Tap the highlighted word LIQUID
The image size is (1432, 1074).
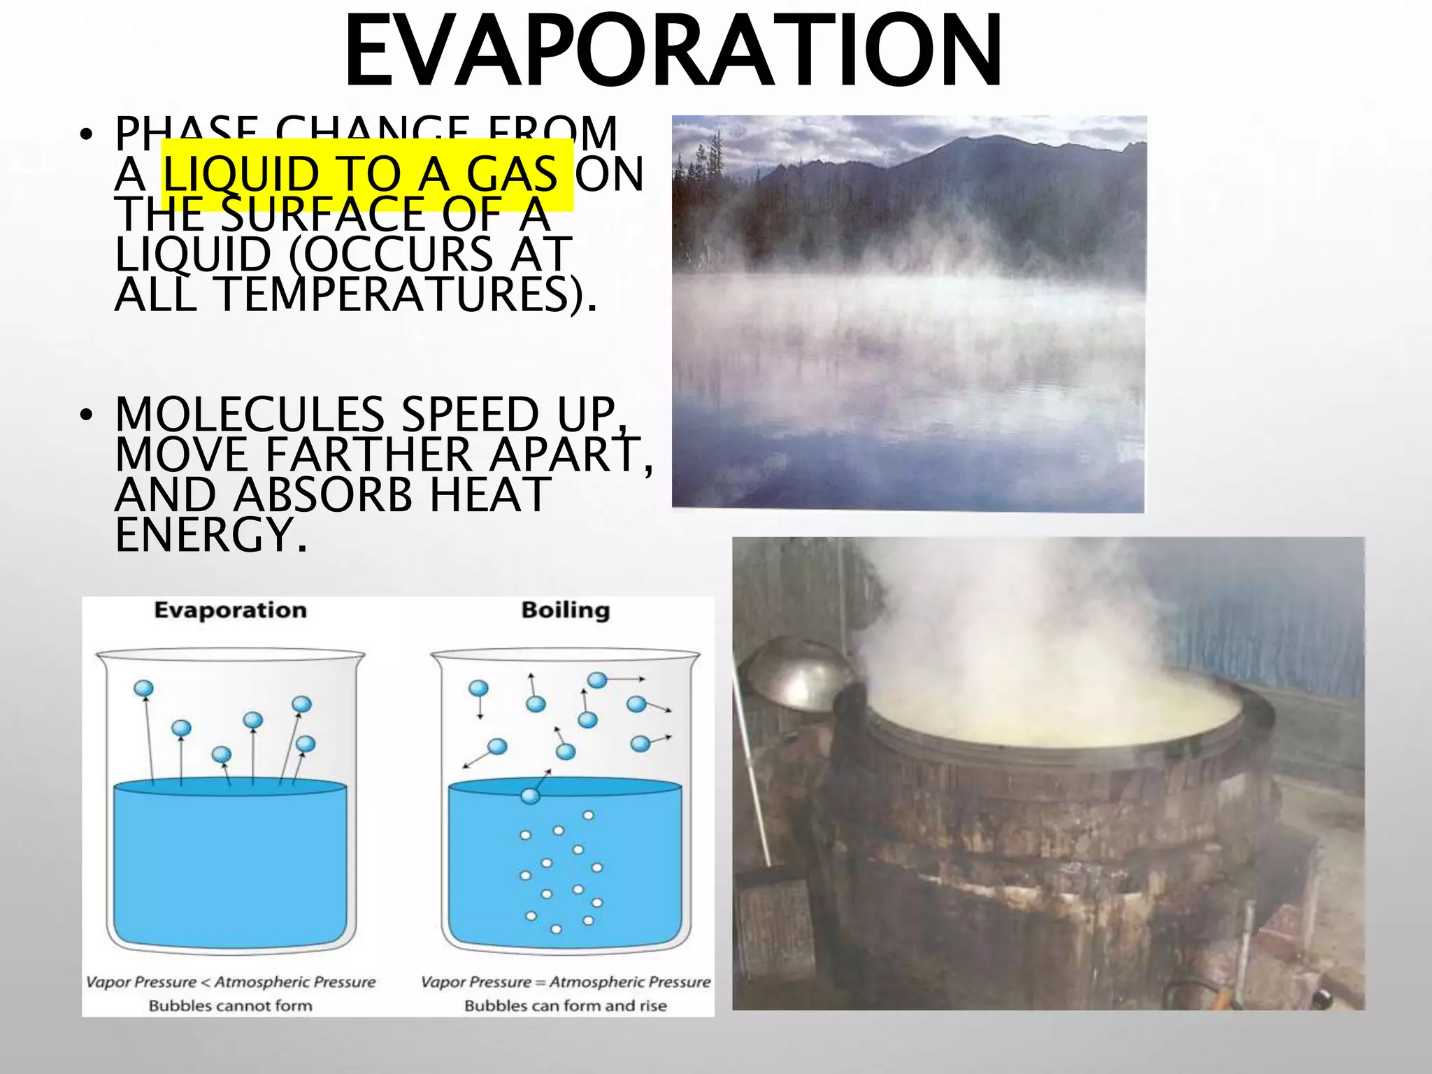coord(241,174)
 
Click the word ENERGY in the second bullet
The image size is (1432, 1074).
coord(203,536)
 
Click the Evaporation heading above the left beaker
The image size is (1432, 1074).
coord(230,610)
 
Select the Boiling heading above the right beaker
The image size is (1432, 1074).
coord(566,610)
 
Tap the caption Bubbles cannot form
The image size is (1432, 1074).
coord(230,1005)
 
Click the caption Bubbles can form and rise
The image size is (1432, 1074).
coord(566,1005)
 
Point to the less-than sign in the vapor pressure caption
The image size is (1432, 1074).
coord(206,982)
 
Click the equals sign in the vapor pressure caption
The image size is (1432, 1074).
coord(540,982)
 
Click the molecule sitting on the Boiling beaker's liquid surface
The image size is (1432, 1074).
coord(531,796)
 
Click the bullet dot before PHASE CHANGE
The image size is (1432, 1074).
coord(86,134)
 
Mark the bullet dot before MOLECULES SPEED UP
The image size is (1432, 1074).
coord(86,415)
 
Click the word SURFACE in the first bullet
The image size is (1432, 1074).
coord(322,215)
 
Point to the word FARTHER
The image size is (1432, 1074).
coord(368,454)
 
